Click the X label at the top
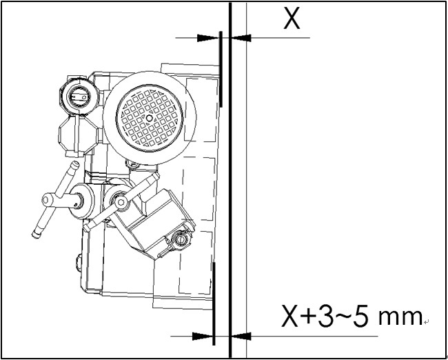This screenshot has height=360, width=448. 292,19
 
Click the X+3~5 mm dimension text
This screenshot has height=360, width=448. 352,316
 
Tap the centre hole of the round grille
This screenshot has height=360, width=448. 149,118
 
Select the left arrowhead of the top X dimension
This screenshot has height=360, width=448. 208,38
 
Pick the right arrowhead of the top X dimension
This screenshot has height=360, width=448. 241,38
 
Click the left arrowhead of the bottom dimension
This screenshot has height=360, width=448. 203,337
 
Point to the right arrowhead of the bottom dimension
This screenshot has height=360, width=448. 241,337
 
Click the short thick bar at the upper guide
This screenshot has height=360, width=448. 221,69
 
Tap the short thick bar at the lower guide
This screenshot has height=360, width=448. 214,303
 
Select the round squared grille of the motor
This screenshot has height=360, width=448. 150,118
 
